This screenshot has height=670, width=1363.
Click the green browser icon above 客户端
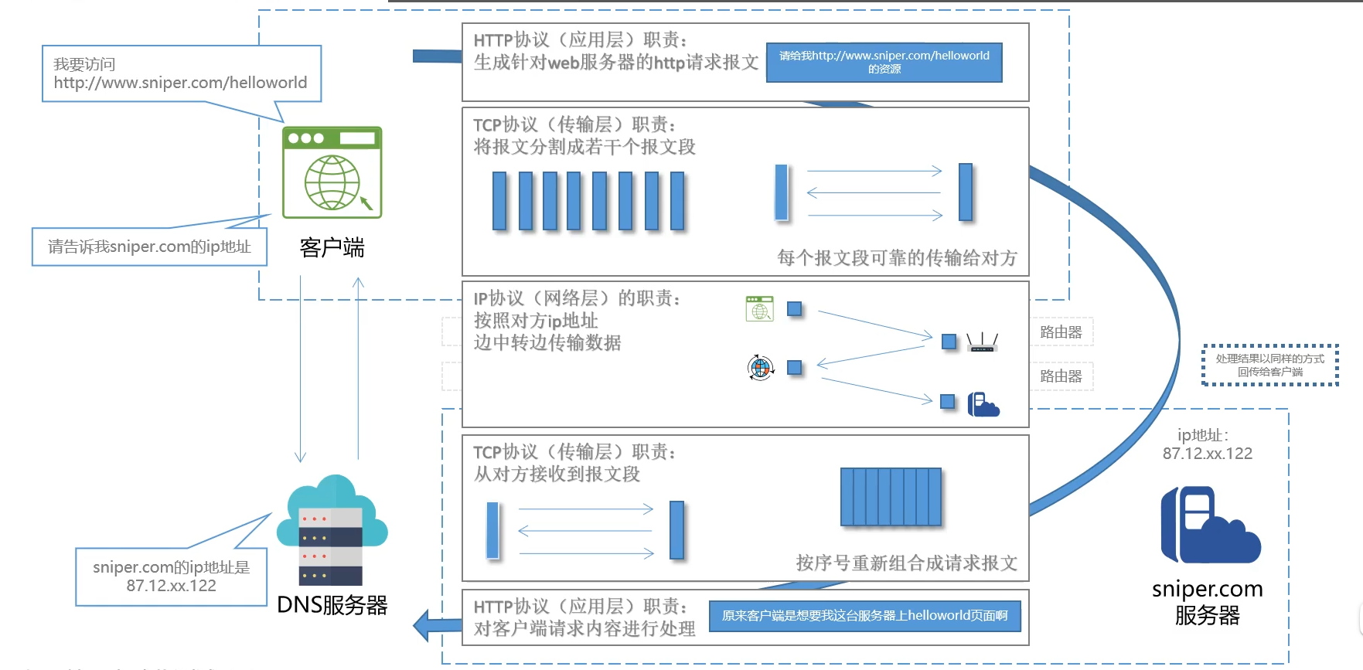[x=332, y=172]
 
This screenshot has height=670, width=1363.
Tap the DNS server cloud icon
[x=332, y=530]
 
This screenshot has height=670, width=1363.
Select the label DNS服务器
[x=332, y=605]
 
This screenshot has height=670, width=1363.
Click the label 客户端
[x=332, y=248]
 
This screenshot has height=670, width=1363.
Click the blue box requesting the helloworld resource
[x=884, y=63]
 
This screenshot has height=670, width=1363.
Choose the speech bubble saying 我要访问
[x=181, y=73]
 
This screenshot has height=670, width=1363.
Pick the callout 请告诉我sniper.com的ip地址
[x=149, y=247]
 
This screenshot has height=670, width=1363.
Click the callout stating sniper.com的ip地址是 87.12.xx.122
[x=171, y=576]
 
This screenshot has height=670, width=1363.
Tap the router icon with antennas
[x=982, y=342]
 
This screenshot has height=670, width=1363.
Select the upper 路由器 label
[x=1061, y=332]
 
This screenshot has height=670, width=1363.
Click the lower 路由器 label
[x=1061, y=376]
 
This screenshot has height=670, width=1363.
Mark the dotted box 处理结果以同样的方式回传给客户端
[x=1269, y=365]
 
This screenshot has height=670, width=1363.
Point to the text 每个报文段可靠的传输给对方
[x=897, y=258]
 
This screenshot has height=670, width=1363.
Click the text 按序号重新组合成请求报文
[x=906, y=563]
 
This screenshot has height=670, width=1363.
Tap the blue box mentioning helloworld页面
[x=864, y=616]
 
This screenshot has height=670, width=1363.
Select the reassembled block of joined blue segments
[x=891, y=497]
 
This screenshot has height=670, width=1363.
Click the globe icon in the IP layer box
[x=761, y=367]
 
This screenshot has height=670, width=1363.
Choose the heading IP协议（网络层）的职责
[x=577, y=298]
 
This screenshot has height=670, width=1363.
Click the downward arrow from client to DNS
[x=301, y=371]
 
